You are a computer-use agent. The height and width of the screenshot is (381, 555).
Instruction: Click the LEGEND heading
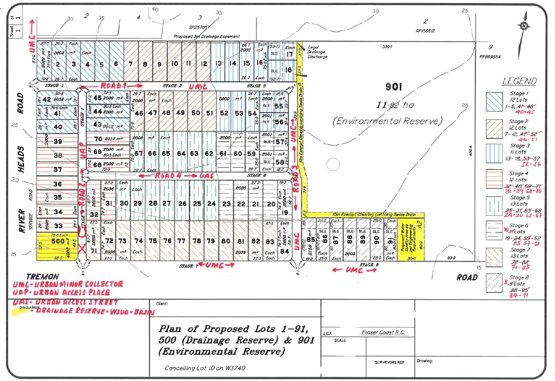pyautogui.click(x=520, y=81)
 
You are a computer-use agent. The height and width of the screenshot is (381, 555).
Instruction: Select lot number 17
pyautogui.click(x=290, y=54)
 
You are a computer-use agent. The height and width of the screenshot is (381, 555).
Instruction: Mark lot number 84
pyautogui.click(x=285, y=251)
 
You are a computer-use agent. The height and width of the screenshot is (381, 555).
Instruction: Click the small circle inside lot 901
pyautogui.click(x=333, y=164)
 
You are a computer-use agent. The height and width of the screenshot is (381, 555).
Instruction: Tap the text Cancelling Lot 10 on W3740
pyautogui.click(x=205, y=368)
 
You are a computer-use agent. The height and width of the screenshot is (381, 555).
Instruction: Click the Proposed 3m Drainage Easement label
pyautogui.click(x=207, y=36)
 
